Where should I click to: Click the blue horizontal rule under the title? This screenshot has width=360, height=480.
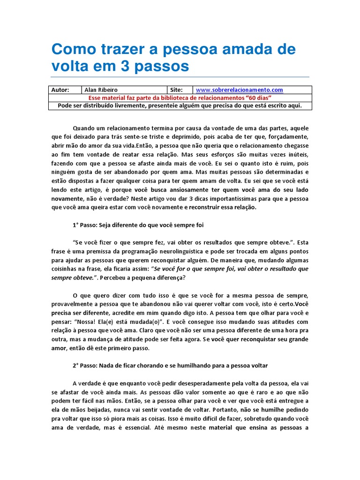coord(180,77)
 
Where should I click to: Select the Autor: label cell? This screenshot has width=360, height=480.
coord(60,90)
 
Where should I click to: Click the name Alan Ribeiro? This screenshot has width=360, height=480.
coord(101,90)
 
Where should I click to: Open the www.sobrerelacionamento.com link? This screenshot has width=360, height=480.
coord(240,90)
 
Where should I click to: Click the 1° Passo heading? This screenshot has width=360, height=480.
coord(138,225)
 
